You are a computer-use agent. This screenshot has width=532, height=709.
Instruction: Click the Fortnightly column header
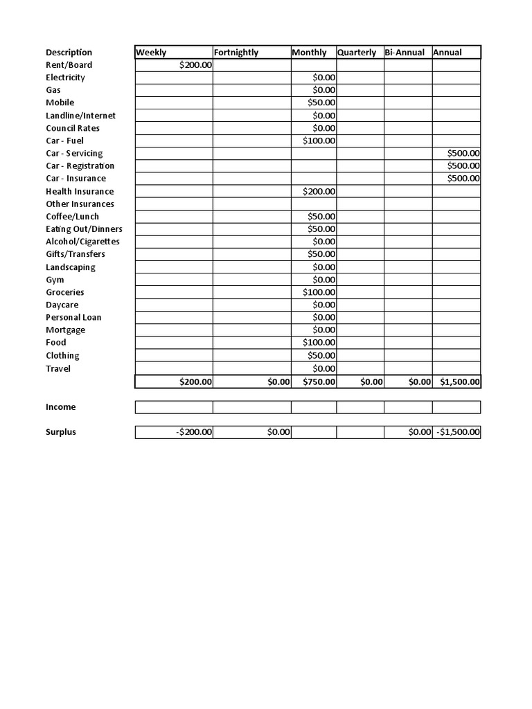[x=236, y=53]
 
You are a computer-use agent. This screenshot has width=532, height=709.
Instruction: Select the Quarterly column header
[x=357, y=53]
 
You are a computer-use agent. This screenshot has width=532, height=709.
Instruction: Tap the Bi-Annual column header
[x=405, y=53]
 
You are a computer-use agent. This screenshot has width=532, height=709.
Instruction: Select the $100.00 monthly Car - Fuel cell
[x=319, y=141]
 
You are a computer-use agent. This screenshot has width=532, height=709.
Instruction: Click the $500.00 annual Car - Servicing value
[x=463, y=153]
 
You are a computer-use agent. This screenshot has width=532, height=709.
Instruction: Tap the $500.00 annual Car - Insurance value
[x=463, y=178]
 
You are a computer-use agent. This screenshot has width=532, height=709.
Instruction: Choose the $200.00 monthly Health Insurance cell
[x=319, y=191]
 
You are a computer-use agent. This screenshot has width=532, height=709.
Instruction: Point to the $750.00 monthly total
[x=319, y=382]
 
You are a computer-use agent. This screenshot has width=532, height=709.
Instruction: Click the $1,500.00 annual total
[x=459, y=382]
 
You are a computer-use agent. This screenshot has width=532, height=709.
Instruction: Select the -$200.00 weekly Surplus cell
[x=194, y=432]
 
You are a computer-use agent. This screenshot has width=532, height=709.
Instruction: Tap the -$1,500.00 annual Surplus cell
[x=457, y=432]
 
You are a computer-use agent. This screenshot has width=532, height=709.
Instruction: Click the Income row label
[x=61, y=407]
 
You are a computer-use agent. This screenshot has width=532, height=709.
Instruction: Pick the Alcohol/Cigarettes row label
[x=82, y=242]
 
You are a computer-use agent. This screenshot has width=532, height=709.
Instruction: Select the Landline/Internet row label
[x=80, y=116]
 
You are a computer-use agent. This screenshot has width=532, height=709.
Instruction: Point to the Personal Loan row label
[x=73, y=317]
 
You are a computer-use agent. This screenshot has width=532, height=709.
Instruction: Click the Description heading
[x=69, y=53]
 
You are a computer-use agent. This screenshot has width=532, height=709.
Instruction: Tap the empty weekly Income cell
[x=174, y=407]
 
